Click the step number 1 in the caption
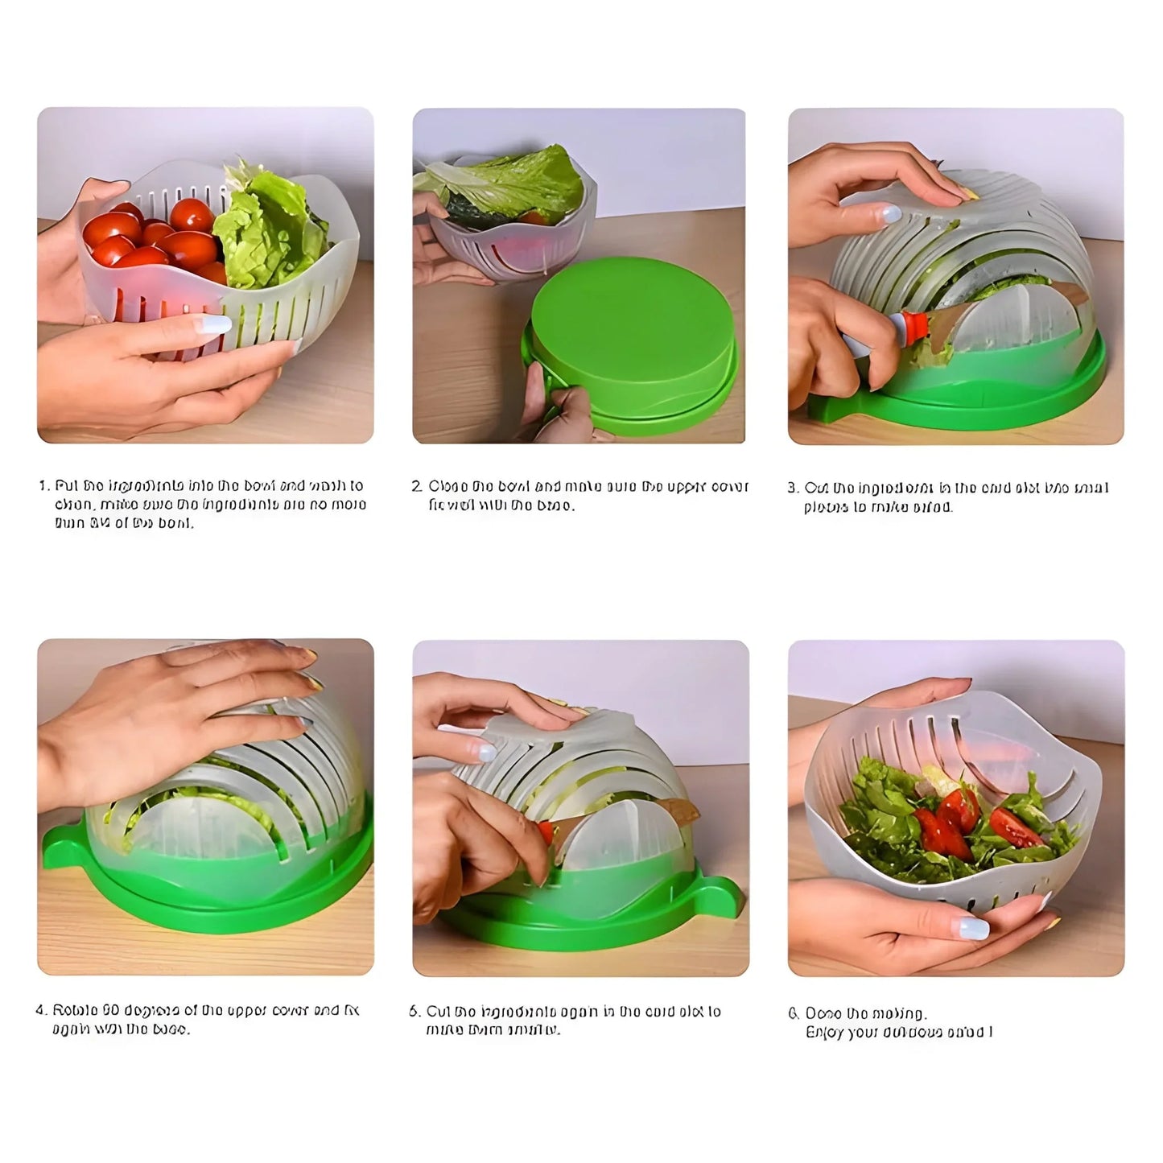[43, 486]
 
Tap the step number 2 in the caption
[416, 487]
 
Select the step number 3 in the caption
[792, 488]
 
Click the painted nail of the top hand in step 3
[889, 214]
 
